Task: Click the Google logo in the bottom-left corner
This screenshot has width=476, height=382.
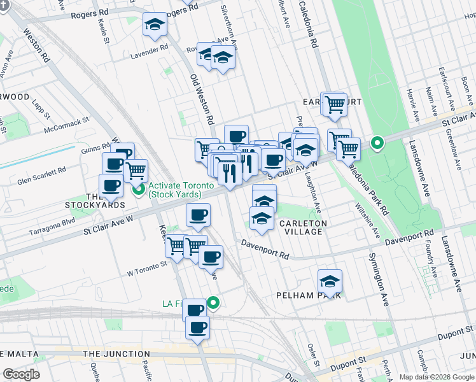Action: [21, 374]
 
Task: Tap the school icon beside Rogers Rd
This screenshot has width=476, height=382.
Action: [153, 25]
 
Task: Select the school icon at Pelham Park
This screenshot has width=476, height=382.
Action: [330, 281]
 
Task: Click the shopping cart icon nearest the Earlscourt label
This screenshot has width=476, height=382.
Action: [335, 105]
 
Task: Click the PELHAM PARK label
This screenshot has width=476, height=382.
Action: [310, 295]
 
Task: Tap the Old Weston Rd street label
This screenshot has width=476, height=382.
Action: [201, 99]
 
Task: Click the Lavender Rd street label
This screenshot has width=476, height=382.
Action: [150, 48]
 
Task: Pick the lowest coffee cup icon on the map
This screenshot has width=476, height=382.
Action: [198, 328]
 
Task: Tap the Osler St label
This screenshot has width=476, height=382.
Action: [311, 351]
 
